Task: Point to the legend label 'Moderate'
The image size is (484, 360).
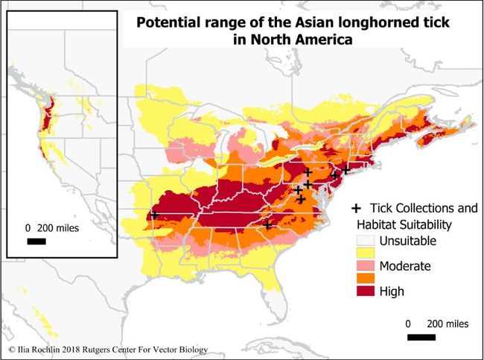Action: pos(405,265)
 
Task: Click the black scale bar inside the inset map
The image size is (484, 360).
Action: pos(36,241)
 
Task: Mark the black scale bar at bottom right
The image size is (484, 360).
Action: pos(421,338)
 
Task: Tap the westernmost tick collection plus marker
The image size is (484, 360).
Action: pos(154,215)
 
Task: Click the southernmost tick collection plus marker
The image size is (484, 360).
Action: pos(268,224)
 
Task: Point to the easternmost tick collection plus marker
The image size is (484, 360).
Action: pos(346,170)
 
